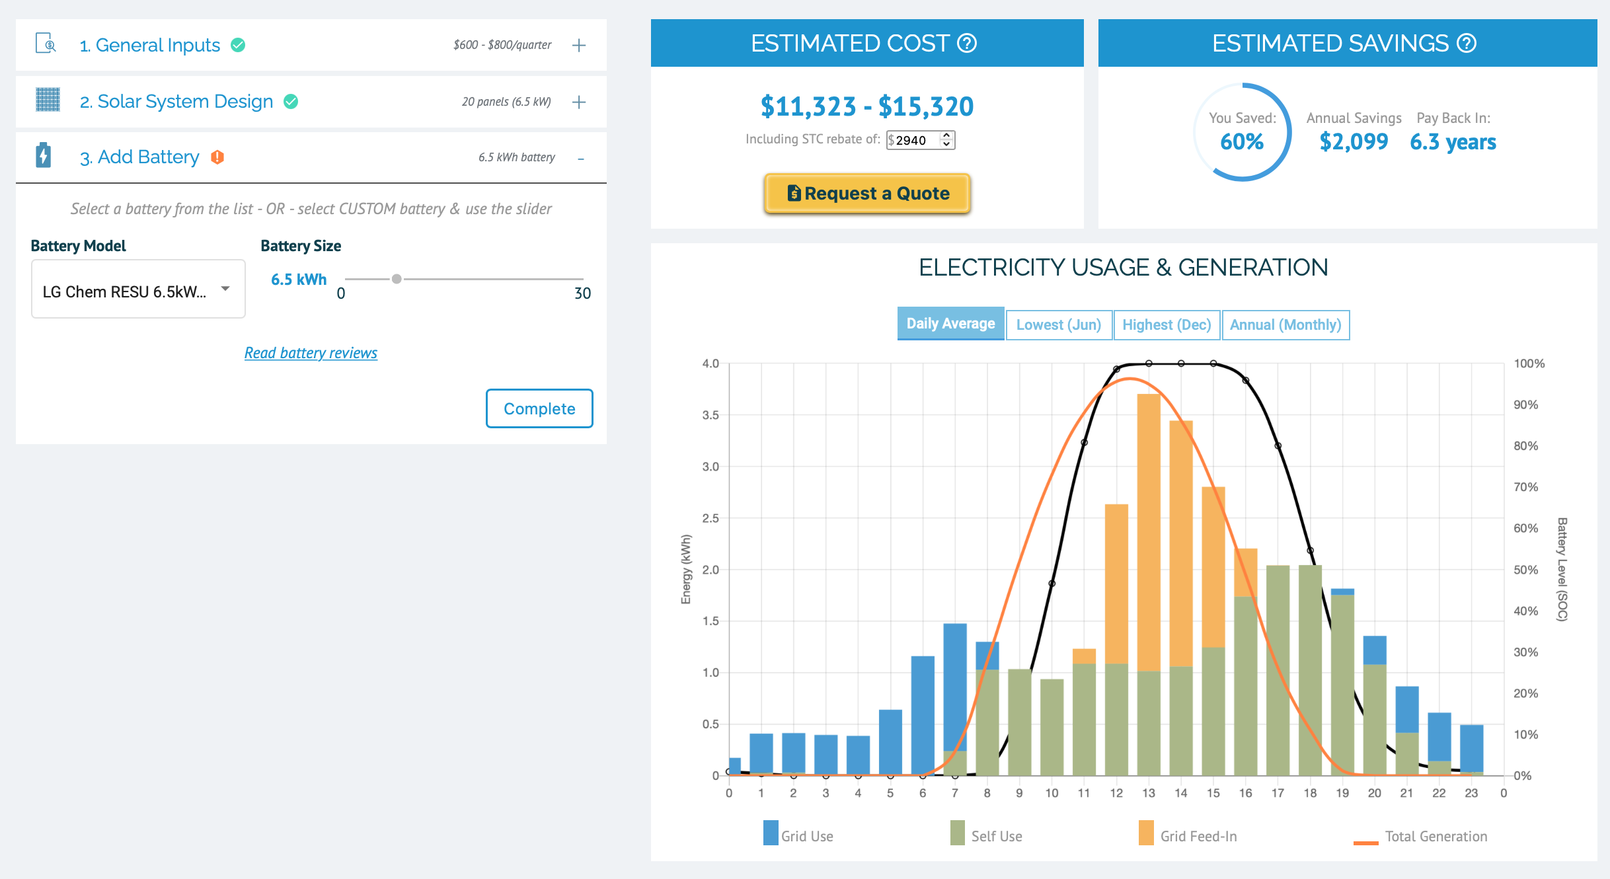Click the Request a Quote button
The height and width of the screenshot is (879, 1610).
pos(867,193)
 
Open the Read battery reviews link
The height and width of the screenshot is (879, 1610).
pos(311,353)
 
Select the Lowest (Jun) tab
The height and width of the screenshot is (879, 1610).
pos(1059,325)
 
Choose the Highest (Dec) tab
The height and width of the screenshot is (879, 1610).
pos(1167,325)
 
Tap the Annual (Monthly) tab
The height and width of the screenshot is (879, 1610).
pos(1285,325)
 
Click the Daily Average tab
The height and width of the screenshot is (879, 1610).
pos(950,323)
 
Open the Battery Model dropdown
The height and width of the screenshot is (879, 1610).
pos(138,289)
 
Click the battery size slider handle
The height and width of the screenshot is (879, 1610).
pos(397,279)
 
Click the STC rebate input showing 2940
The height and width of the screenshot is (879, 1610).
pos(920,140)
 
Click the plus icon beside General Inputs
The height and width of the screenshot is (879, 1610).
pos(579,45)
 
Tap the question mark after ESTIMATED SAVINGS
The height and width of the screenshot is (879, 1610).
pos(1467,44)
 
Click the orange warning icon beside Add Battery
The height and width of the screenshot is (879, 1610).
pos(217,157)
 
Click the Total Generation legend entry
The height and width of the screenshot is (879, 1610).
pos(1420,837)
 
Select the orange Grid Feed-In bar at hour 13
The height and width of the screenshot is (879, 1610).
pos(1149,533)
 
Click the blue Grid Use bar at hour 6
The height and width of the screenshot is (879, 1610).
pos(923,715)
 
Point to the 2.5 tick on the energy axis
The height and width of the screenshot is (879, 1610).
pos(710,518)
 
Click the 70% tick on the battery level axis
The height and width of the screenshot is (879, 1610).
pos(1526,487)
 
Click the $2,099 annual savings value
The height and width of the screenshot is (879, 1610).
pos(1354,141)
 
